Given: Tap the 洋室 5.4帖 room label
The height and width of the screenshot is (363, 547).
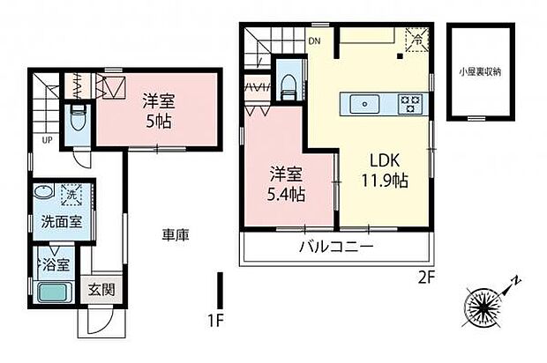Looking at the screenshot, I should (287, 182).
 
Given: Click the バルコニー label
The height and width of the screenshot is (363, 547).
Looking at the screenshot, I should (334, 246).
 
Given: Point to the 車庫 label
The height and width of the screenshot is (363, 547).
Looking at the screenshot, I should (174, 235).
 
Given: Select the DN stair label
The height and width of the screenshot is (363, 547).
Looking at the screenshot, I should (314, 41).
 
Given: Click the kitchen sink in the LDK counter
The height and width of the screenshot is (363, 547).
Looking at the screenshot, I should (363, 104).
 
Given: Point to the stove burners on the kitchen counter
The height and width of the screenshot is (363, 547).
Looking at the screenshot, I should (410, 103).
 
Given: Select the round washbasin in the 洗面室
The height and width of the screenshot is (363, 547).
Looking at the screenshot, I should (41, 193).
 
